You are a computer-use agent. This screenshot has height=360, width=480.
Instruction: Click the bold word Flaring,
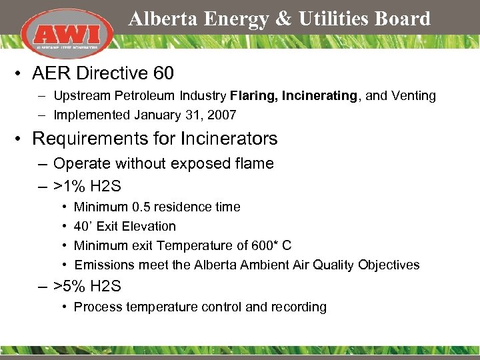click(254, 96)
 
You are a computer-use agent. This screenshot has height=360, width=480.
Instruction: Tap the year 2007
click(221, 115)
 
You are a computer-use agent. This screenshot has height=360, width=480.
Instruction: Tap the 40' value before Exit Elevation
click(83, 227)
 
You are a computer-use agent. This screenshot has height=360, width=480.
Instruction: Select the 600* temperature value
click(265, 245)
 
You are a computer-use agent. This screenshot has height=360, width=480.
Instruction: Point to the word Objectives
click(389, 265)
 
